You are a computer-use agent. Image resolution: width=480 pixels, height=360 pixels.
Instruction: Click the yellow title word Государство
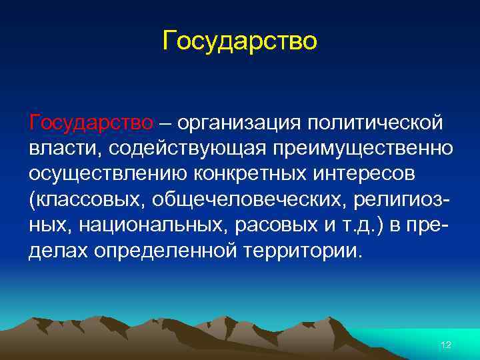pos(240,41)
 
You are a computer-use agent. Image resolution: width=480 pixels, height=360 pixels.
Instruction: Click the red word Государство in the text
pos(91,123)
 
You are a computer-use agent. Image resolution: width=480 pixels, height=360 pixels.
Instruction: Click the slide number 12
pos(446,344)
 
